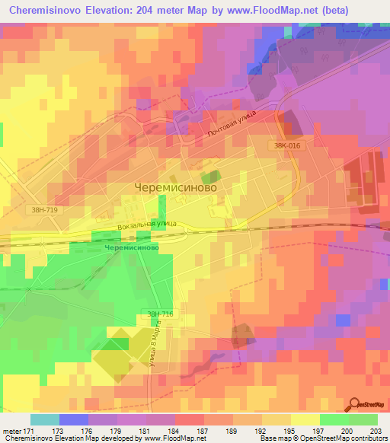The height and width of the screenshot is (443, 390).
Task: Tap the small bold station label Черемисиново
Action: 131,248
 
